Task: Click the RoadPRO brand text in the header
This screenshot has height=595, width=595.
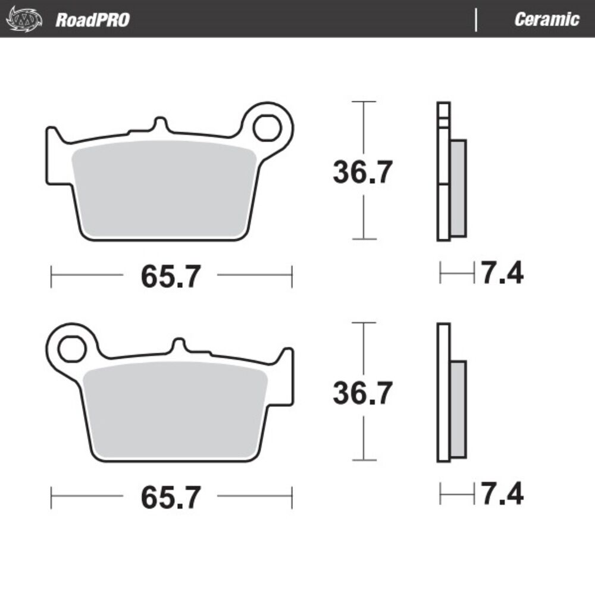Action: (93, 20)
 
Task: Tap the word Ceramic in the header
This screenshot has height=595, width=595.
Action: (546, 20)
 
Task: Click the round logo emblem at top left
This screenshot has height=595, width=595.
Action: (24, 19)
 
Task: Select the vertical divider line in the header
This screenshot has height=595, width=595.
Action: (476, 20)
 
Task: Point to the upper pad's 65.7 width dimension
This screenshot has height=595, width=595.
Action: (171, 276)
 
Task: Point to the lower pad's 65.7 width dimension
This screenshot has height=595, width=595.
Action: (171, 497)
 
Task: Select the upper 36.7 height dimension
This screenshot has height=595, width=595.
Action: (362, 173)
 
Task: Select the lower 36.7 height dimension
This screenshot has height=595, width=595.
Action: (362, 393)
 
